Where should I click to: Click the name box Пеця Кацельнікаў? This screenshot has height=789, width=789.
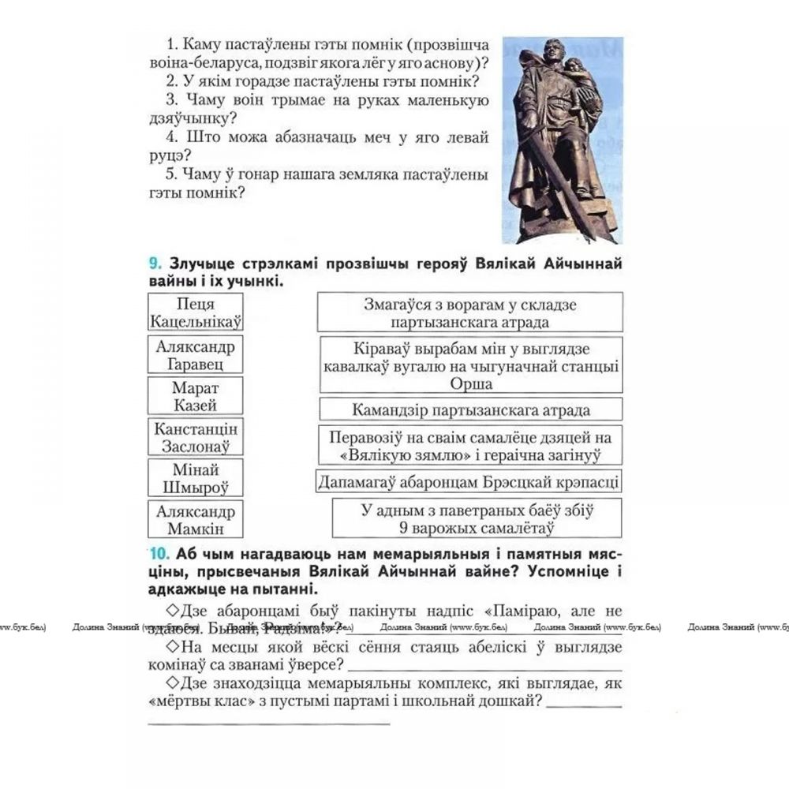click(196, 312)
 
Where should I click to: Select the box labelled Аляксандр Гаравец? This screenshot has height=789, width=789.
click(196, 355)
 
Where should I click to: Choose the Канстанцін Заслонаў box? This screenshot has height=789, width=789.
click(196, 438)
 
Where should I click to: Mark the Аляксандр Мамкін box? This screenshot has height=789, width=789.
click(196, 520)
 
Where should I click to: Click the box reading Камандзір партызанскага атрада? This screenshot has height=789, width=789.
click(470, 409)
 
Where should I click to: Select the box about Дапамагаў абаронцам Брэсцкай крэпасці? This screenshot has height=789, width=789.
click(469, 482)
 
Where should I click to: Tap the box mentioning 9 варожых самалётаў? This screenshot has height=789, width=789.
click(477, 518)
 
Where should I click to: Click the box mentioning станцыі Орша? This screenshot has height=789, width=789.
click(470, 366)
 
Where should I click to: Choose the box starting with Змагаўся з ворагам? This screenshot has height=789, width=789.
click(470, 312)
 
